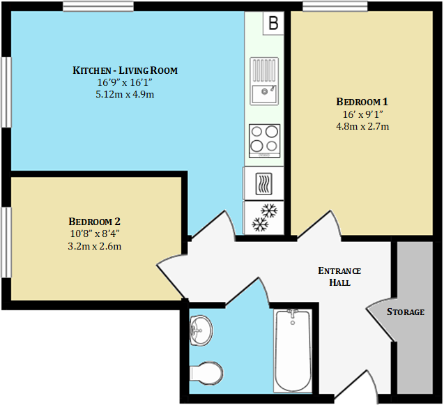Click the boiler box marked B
pyautogui.click(x=273, y=23)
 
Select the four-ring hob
pyautogui.click(x=264, y=137)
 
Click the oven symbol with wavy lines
pyautogui.click(x=264, y=183)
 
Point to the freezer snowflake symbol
pyautogui.click(x=264, y=217)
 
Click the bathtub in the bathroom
pyautogui.click(x=292, y=350)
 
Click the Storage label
pyautogui.click(x=405, y=312)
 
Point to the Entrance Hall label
pyautogui.click(x=339, y=277)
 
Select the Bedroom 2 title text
pyautogui.click(x=94, y=221)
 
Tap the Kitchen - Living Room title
pyautogui.click(x=125, y=70)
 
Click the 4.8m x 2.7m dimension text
pyautogui.click(x=362, y=126)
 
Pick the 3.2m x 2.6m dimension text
pyautogui.click(x=94, y=246)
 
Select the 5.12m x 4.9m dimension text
pyautogui.click(x=125, y=94)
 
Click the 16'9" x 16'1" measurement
pyautogui.click(x=125, y=82)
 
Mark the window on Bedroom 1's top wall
pyautogui.click(x=335, y=6)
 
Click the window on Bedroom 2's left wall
pyautogui.click(x=6, y=242)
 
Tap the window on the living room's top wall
pyautogui.click(x=98, y=6)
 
